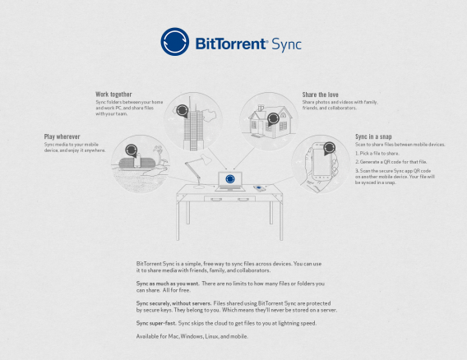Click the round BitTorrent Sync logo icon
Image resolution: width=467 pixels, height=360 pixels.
tap(174, 42)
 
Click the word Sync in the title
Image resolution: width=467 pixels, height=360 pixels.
tap(286, 43)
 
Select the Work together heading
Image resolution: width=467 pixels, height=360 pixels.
tap(113, 95)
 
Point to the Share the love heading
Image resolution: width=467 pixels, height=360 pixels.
tap(321, 95)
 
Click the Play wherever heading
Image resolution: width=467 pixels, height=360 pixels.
tap(63, 136)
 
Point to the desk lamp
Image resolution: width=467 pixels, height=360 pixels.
tap(195, 171)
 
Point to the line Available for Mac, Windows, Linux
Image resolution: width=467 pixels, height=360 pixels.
tap(192, 338)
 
